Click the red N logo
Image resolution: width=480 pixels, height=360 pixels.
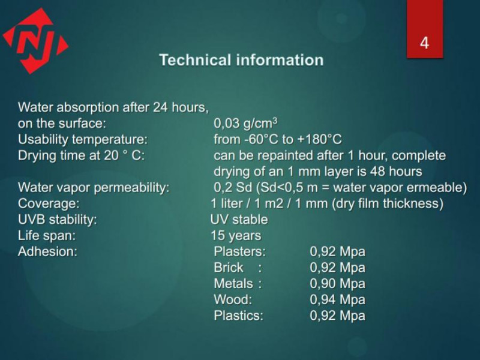pyautogui.click(x=35, y=41)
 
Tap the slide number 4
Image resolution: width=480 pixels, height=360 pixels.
pyautogui.click(x=424, y=43)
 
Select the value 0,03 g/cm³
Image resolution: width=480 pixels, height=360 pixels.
pyautogui.click(x=245, y=124)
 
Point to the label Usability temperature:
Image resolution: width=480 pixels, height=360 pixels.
pyautogui.click(x=83, y=140)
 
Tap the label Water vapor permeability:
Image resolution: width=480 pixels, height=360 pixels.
pyautogui.click(x=94, y=187)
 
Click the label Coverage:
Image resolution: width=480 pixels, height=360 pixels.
pyautogui.click(x=49, y=203)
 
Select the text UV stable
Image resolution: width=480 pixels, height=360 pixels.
pyautogui.click(x=239, y=220)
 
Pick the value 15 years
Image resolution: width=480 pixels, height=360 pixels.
pyautogui.click(x=236, y=235)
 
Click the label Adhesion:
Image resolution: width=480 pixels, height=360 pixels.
pyautogui.click(x=47, y=251)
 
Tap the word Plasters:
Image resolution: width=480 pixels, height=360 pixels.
pyautogui.click(x=239, y=251)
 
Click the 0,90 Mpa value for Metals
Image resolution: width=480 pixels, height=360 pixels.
pyautogui.click(x=337, y=283)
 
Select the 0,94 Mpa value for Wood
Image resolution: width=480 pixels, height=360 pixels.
pyautogui.click(x=337, y=299)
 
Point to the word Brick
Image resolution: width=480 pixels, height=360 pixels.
pyautogui.click(x=229, y=267)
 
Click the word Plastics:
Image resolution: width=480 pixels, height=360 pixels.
pyautogui.click(x=238, y=316)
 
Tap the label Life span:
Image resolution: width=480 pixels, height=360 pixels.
pyautogui.click(x=47, y=235)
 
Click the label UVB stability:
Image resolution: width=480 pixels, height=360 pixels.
pyautogui.click(x=57, y=220)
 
